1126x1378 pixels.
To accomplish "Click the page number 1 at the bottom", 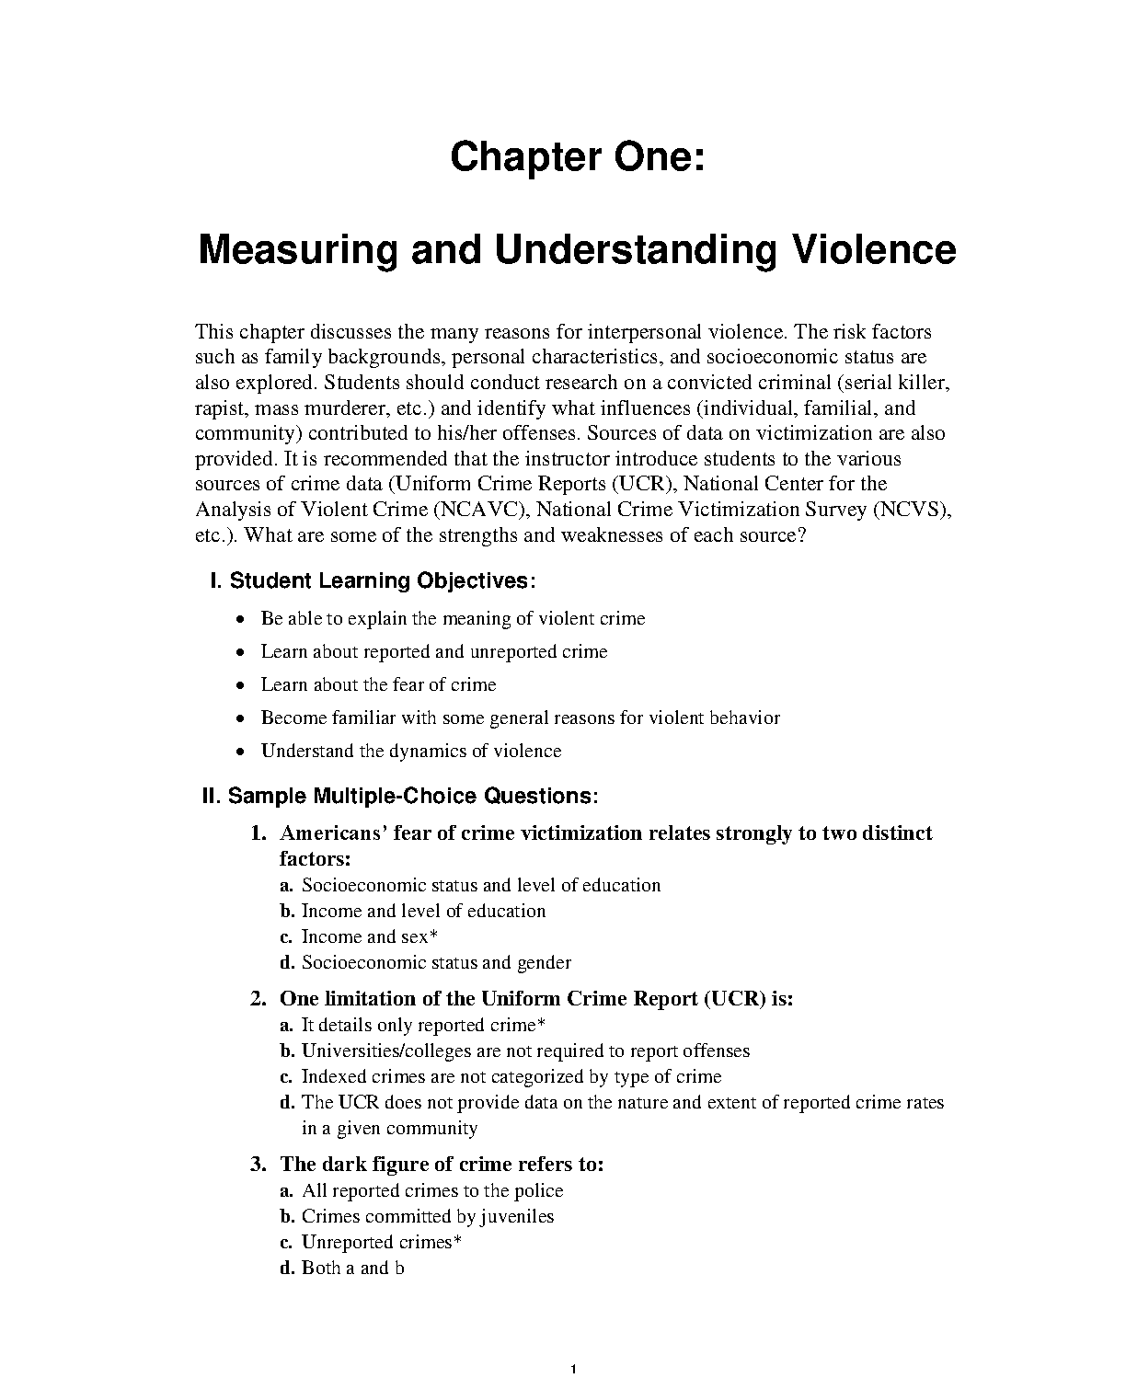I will click(573, 1370).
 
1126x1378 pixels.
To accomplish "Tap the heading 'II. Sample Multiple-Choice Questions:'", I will click(400, 796).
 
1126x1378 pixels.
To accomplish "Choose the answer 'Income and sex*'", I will click(369, 936).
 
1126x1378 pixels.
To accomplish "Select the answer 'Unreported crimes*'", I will click(381, 1242).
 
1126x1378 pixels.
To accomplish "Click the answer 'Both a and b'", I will click(353, 1268).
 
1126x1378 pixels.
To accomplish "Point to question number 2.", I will click(259, 999).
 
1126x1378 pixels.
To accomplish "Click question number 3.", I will click(259, 1165).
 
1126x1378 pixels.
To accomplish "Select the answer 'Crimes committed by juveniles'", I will click(428, 1216).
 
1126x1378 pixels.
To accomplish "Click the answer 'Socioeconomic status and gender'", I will click(436, 962).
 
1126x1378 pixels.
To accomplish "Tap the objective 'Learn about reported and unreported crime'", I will click(434, 652).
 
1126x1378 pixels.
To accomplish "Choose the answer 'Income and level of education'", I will click(423, 911).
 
